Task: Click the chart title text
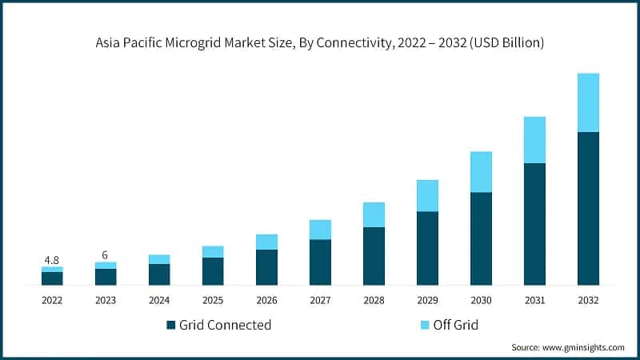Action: (320, 42)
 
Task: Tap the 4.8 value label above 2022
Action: (52, 260)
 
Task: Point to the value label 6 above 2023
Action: (106, 255)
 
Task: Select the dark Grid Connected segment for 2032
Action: (588, 208)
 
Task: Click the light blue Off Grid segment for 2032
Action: (588, 102)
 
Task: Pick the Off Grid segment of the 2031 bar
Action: (534, 140)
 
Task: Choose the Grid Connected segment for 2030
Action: (481, 238)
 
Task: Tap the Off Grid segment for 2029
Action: (427, 195)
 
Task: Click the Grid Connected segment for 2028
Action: (374, 256)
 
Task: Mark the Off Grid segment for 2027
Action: (320, 230)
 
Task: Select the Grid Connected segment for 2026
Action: (266, 267)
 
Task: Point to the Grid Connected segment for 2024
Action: (159, 274)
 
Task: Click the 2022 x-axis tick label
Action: (52, 300)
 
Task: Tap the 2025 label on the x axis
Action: (213, 300)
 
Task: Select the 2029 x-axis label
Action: (427, 300)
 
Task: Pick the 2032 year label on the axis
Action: (588, 300)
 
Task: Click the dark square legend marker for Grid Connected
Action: (170, 325)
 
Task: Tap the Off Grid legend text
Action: (455, 325)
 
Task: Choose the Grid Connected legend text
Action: (225, 325)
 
